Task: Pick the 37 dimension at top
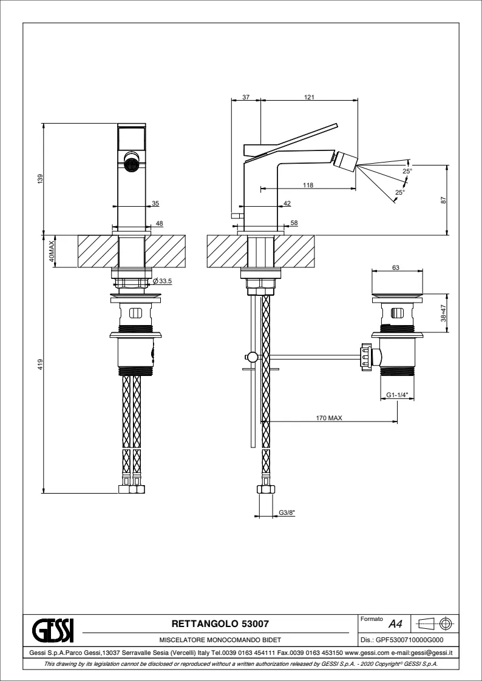246,97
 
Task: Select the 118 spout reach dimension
308,186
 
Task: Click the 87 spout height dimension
444,200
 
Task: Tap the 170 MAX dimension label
329,418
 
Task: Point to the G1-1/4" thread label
396,395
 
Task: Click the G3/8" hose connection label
287,513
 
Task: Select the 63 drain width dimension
395,267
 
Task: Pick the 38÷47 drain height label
444,313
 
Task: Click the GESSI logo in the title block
52,629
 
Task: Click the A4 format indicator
395,623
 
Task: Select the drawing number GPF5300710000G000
402,640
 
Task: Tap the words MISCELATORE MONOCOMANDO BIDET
219,640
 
